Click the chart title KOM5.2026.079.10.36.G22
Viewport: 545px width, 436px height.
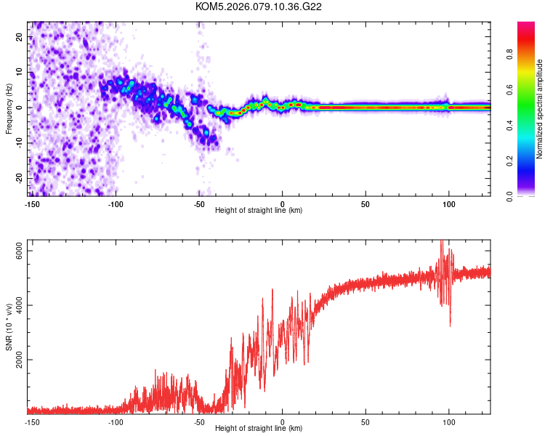[x=259, y=7]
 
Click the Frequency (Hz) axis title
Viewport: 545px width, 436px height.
[x=9, y=108]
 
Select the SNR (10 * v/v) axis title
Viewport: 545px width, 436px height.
[x=9, y=326]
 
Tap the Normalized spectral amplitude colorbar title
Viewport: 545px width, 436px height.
[x=540, y=109]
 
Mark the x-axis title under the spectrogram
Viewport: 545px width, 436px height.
[x=259, y=211]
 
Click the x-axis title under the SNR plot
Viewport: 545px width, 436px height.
[x=259, y=429]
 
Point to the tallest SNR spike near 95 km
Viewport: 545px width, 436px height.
[x=441, y=243]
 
